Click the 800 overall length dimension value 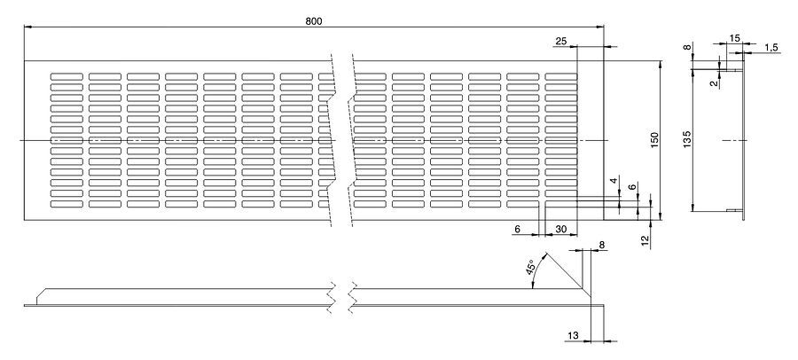(314, 20)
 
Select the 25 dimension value (560, 41)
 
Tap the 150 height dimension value (653, 140)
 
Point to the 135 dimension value (688, 139)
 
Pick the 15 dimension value (735, 37)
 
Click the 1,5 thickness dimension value (771, 47)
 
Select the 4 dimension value (613, 182)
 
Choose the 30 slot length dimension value (560, 229)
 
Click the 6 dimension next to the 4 (630, 188)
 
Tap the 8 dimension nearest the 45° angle (601, 244)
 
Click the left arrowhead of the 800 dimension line (27, 27)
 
